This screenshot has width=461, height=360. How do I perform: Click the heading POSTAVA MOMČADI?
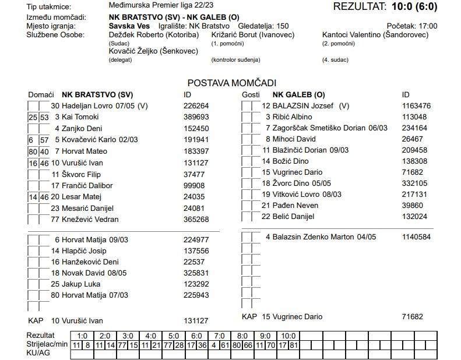[231, 83]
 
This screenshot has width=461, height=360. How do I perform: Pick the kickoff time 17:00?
[428, 26]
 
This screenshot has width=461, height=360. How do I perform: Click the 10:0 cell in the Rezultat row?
[288, 336]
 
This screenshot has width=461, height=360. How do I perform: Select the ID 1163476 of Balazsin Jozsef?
[416, 106]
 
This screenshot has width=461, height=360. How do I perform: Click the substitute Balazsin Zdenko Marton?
[321, 237]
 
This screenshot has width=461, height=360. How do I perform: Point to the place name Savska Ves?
[129, 26]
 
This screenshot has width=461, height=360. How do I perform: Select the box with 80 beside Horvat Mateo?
[33, 151]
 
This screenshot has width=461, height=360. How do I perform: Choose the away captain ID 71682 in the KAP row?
[412, 316]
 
